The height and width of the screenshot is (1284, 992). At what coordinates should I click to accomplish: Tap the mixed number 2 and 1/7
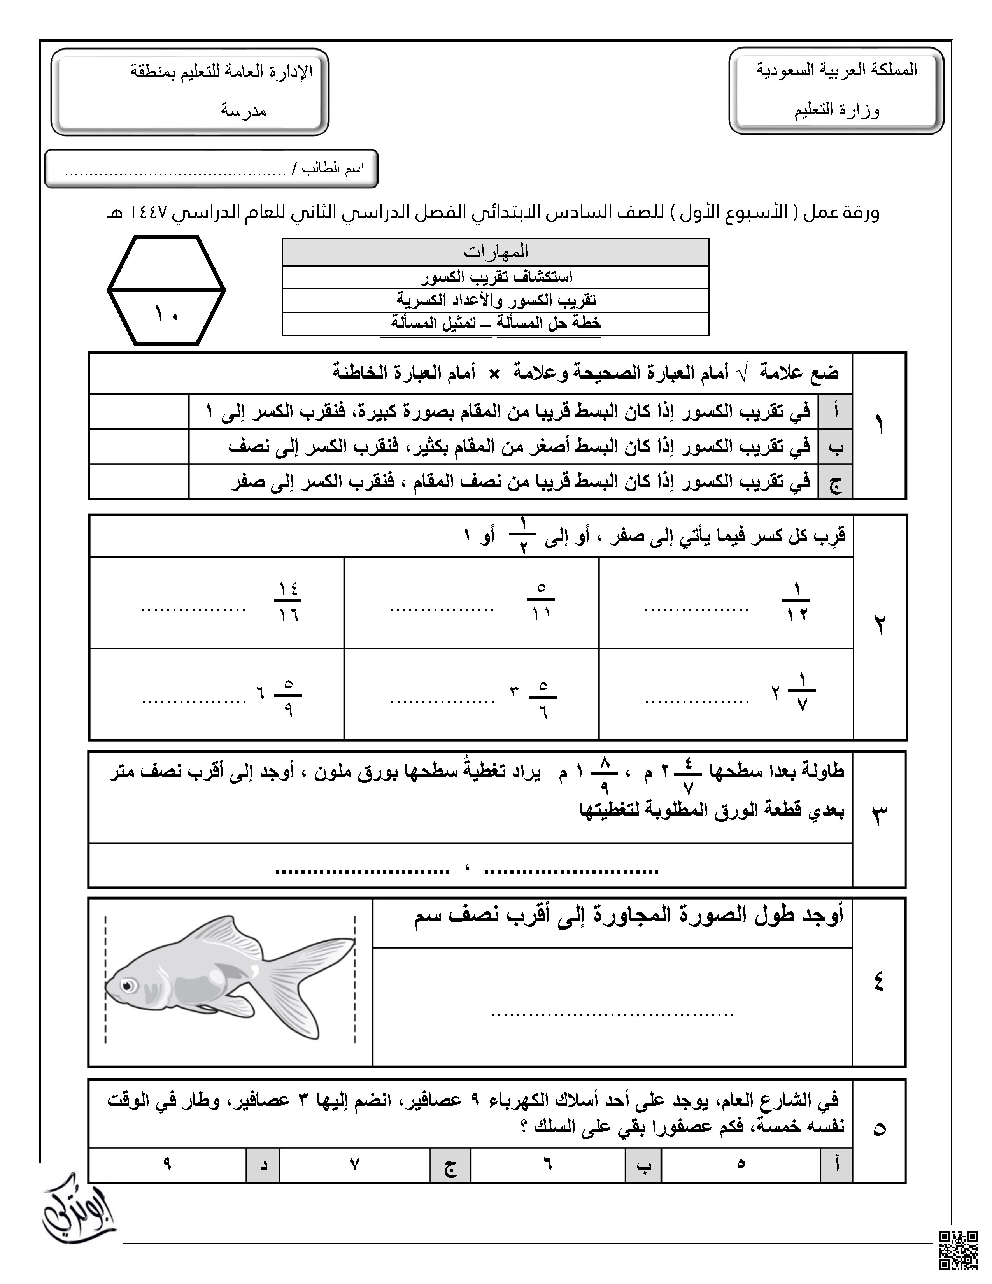point(793,694)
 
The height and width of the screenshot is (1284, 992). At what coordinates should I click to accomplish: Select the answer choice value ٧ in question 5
point(354,1163)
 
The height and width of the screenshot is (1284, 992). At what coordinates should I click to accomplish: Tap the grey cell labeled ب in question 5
point(643,1165)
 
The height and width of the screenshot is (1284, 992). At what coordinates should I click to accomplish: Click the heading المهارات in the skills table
point(495,252)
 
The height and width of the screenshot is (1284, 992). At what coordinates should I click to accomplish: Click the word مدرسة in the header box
point(244,111)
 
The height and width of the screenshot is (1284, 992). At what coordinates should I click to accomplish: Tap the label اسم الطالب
point(333,169)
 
